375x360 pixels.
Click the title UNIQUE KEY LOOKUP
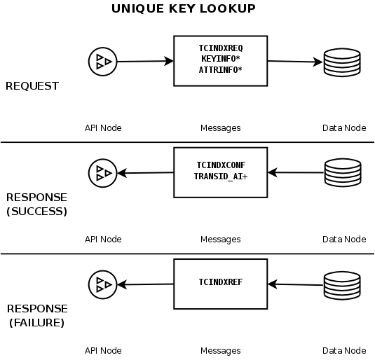(x=184, y=9)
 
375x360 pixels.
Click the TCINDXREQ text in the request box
(x=221, y=48)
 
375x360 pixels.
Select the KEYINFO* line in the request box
(x=221, y=59)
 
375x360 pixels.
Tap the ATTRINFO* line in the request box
(x=221, y=69)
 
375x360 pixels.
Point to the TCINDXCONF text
(x=221, y=165)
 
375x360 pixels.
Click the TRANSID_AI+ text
(x=221, y=176)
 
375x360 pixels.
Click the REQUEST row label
(x=32, y=86)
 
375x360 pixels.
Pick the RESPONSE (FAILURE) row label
(x=36, y=316)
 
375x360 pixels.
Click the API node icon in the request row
(x=102, y=62)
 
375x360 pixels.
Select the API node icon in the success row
(x=102, y=173)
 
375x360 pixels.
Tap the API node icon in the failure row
(x=102, y=284)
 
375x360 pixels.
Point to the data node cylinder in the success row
(x=341, y=172)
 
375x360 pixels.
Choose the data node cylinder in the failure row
(x=341, y=284)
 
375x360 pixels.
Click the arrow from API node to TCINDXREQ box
(x=144, y=62)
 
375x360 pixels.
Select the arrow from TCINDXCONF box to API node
(x=144, y=173)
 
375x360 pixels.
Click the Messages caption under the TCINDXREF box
(x=220, y=350)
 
